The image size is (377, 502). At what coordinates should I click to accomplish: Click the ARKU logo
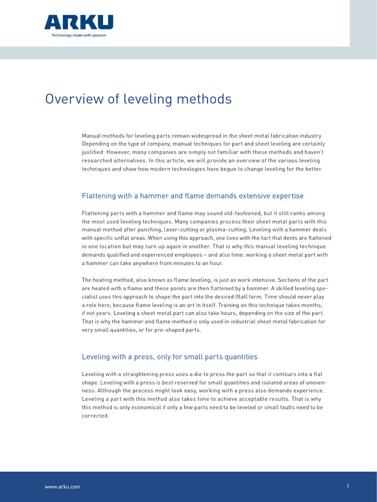[79, 22]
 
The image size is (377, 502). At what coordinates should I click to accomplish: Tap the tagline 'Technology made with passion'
[79, 35]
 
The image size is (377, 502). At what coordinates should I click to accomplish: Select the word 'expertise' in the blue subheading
[287, 196]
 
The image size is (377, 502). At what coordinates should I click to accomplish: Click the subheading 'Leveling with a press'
[169, 357]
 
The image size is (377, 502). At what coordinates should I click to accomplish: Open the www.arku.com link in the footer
[62, 487]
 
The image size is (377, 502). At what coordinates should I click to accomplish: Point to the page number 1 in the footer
[348, 486]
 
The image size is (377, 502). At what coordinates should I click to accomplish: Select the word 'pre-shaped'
[186, 330]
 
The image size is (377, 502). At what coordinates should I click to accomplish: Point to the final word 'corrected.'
[95, 416]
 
